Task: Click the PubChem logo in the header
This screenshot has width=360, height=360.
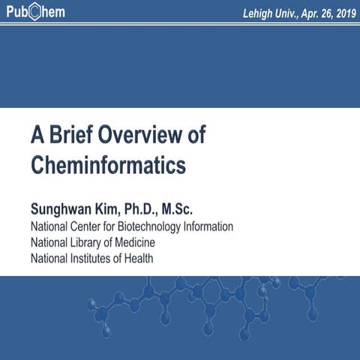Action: point(34,13)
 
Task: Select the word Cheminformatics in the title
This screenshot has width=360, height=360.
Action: point(108,163)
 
